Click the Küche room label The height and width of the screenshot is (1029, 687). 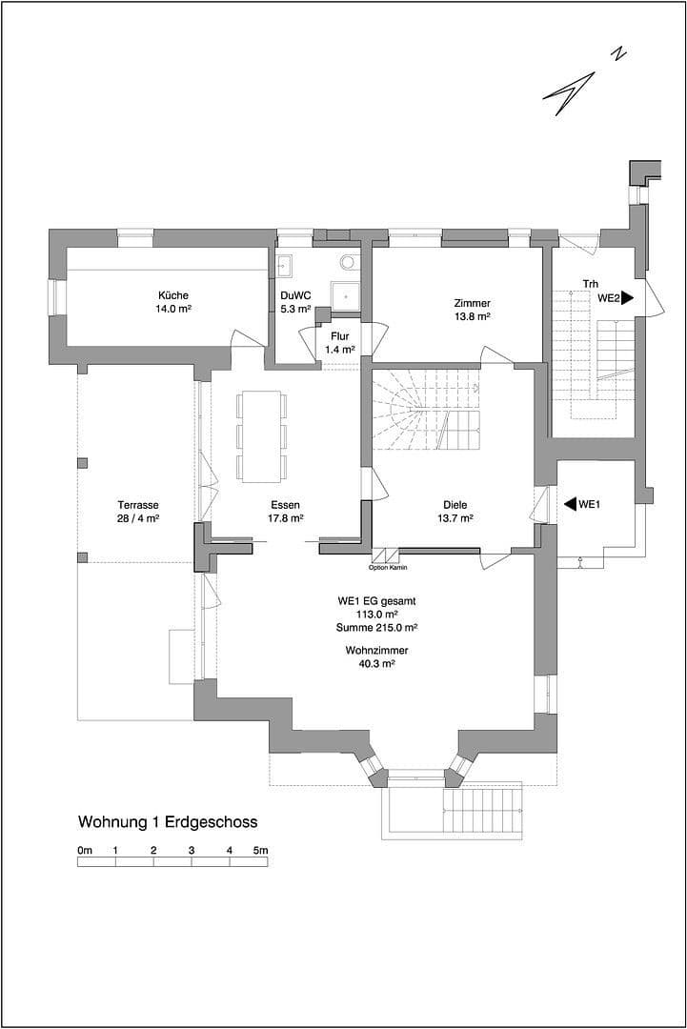[173, 302]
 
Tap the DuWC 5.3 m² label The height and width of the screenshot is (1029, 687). [295, 302]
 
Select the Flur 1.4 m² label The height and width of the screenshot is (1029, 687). [339, 343]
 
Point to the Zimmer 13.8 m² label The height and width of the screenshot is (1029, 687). [472, 310]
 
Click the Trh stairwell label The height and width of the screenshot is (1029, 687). [591, 283]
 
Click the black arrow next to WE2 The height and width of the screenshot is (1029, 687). [627, 297]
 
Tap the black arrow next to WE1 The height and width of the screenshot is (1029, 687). [570, 504]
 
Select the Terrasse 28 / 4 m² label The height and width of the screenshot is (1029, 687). [138, 512]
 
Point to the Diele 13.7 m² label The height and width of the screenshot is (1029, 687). [455, 512]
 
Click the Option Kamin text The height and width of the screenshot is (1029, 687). [387, 568]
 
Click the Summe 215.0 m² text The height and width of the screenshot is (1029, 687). [376, 628]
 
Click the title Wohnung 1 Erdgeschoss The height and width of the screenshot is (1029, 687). [168, 821]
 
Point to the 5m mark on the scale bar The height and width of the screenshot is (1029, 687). [260, 849]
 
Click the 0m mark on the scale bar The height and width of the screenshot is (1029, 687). [85, 849]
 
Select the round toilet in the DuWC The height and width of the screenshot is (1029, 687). [348, 260]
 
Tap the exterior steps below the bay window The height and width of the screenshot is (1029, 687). [481, 808]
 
